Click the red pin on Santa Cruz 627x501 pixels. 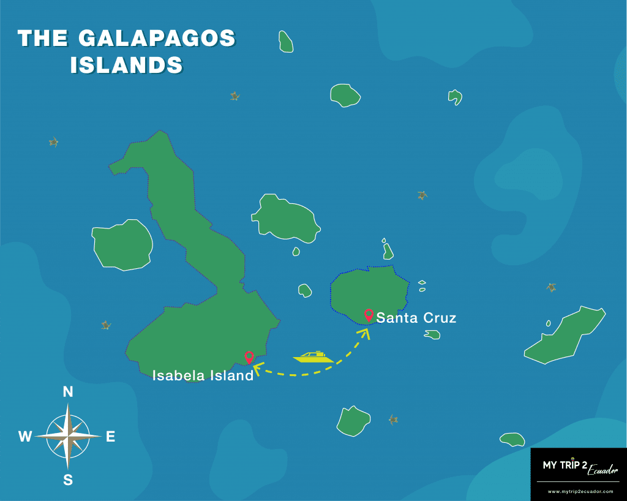pos(369,315)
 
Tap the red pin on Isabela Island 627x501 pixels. pos(249,356)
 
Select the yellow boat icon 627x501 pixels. pos(313,356)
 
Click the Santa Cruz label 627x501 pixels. pos(416,318)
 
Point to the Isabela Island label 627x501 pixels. pos(203,375)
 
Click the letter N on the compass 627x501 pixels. pos(68,392)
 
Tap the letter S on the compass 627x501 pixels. pos(68,480)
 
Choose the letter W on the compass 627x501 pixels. pos(25,437)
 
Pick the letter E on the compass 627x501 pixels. pos(111,437)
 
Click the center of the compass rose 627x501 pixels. pos(68,435)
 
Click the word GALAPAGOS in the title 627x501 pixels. pos(157,39)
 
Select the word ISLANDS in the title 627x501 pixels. pos(126,65)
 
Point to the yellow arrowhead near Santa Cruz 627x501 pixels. pos(366,333)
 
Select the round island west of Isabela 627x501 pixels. pos(122,245)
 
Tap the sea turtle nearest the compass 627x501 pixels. pos(106,325)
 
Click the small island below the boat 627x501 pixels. pos(353,421)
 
